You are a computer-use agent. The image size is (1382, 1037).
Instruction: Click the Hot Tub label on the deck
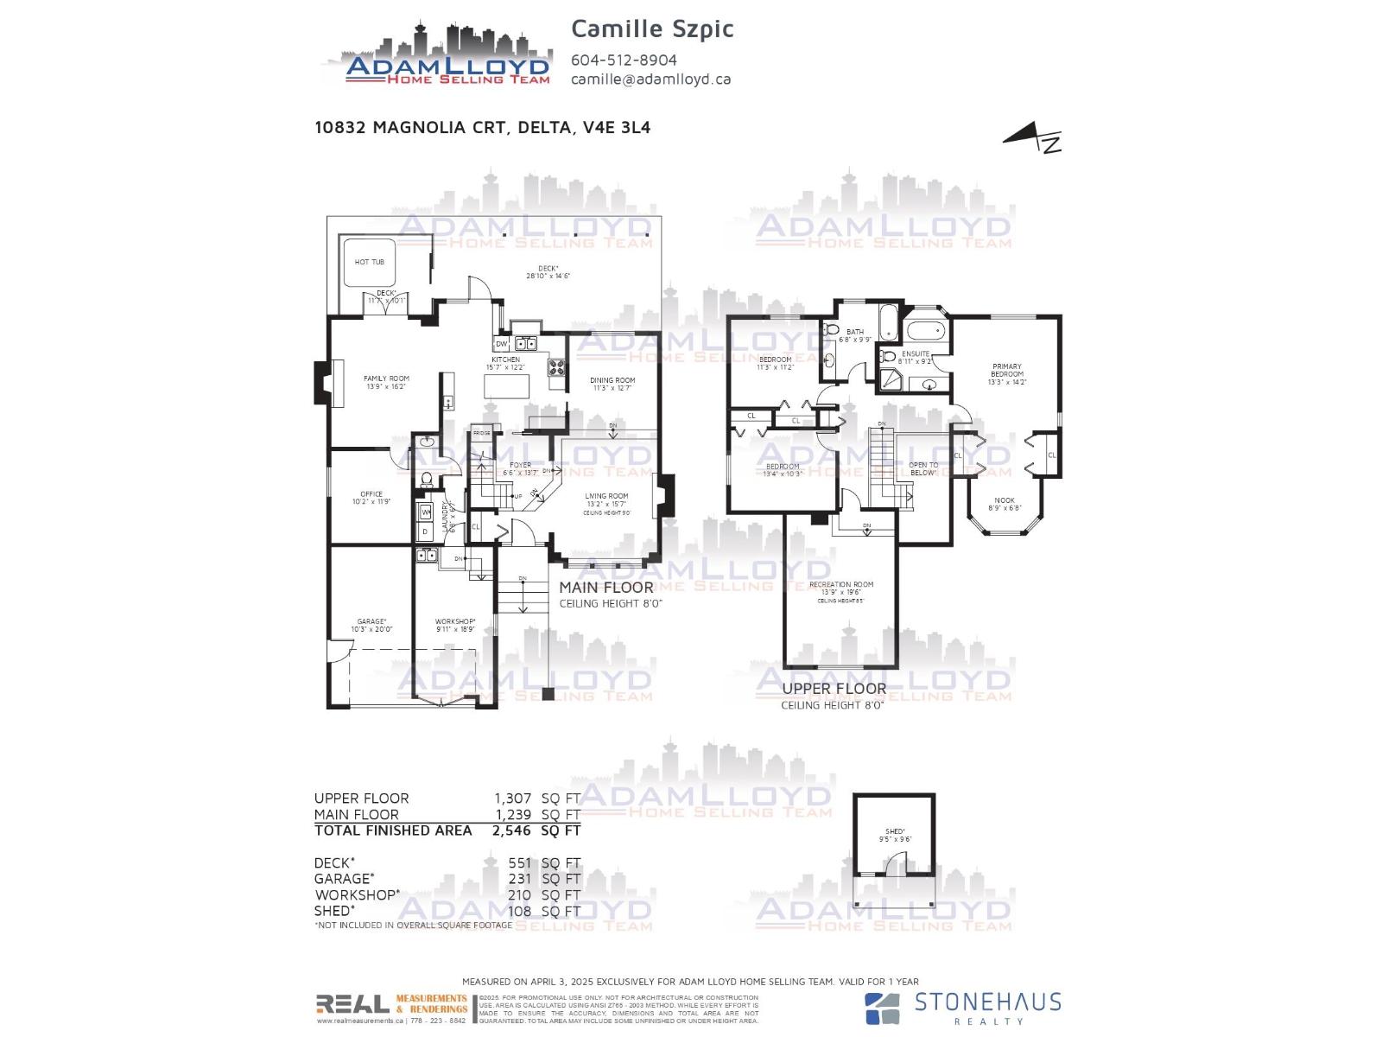click(369, 262)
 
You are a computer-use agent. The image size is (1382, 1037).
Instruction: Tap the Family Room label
click(386, 379)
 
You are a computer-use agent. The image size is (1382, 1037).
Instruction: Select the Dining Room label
click(612, 380)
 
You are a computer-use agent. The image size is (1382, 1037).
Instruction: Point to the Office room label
click(371, 494)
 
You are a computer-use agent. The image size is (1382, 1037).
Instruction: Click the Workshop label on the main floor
click(455, 621)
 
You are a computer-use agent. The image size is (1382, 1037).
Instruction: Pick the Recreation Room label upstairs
click(841, 585)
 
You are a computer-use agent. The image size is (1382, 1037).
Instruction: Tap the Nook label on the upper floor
click(1005, 500)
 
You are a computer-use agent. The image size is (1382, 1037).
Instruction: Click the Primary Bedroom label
click(1007, 371)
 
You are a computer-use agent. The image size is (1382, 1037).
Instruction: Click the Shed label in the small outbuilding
click(895, 831)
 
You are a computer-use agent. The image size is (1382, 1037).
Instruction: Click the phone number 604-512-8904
click(624, 60)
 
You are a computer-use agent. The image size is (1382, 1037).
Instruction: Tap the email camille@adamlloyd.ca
click(650, 79)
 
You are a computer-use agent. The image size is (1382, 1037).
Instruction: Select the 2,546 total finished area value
click(511, 830)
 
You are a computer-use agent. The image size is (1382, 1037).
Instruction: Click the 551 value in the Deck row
click(519, 862)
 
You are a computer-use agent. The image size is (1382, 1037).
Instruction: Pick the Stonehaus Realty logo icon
click(883, 1008)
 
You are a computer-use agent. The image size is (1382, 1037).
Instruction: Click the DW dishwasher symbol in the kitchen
click(502, 344)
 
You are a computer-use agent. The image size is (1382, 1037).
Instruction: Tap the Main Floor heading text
click(606, 588)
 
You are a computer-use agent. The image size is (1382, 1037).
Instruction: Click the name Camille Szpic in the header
click(652, 29)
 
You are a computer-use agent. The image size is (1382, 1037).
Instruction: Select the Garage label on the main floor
click(371, 621)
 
